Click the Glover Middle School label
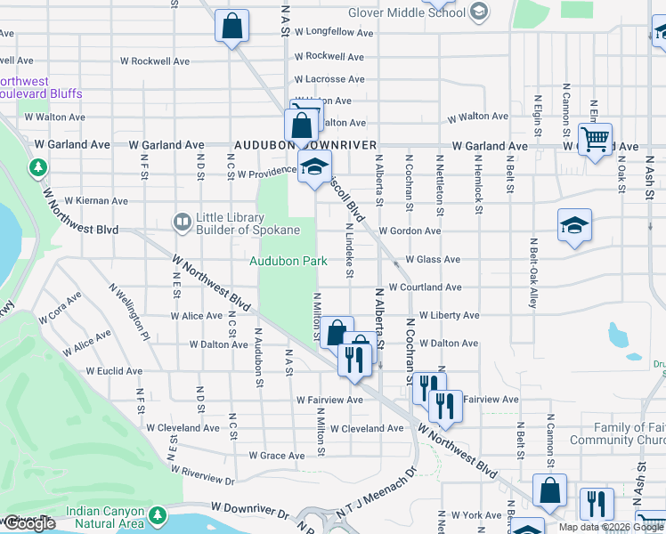point(407,12)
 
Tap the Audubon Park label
point(287,261)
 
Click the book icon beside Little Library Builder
point(183,221)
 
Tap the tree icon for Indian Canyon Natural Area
point(158,514)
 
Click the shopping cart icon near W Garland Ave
point(595,139)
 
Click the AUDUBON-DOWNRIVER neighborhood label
point(305,144)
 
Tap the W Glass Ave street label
point(433,259)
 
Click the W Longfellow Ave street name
point(342,32)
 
